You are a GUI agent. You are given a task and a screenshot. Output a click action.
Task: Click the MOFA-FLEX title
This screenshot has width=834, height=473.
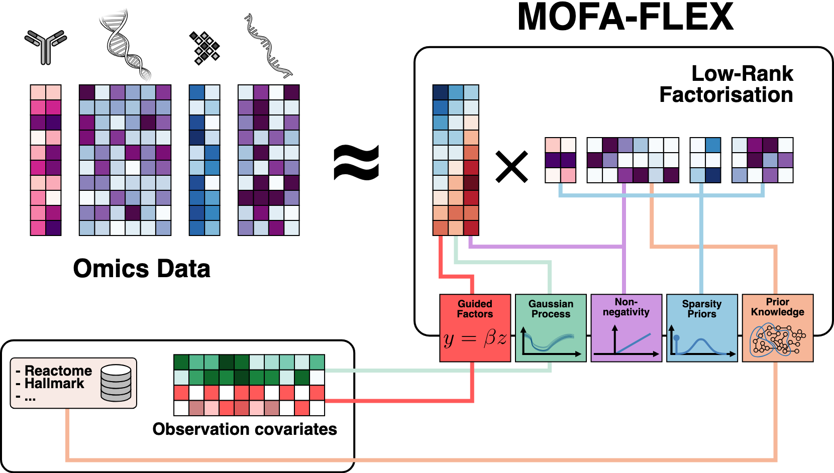coord(625,18)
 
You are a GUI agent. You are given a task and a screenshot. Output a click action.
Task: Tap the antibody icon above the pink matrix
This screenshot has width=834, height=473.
coord(46,47)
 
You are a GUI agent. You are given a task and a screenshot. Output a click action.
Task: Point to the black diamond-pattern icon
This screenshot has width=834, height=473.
coord(204,48)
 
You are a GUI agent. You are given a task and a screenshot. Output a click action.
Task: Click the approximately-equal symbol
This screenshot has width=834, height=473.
coord(356,162)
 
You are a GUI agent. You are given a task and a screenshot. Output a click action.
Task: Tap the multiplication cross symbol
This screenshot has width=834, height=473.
coord(511,167)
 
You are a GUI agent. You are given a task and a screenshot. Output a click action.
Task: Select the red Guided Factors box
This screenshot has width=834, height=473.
coord(475,327)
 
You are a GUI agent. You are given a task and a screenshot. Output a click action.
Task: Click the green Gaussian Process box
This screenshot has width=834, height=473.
coord(551,327)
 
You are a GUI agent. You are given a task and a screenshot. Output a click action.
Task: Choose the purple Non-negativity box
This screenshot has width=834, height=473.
coord(626,327)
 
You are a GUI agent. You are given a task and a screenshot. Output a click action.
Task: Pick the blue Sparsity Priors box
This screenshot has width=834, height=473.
coord(701,327)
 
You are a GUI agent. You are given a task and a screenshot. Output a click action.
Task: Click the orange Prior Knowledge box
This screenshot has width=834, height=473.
coord(777,327)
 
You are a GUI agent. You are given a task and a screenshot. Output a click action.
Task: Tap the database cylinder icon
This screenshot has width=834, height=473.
coord(116,383)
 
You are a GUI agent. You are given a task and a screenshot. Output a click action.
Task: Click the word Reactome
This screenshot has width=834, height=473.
coord(58,371)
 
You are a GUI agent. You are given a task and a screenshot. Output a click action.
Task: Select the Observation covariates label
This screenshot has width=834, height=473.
coord(245,429)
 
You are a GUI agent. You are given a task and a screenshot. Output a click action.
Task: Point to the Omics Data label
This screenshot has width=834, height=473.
coord(142,269)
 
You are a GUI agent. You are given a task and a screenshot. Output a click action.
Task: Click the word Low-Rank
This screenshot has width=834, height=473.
coord(742,74)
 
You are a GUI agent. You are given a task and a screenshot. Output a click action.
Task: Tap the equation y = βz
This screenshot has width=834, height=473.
coord(475,339)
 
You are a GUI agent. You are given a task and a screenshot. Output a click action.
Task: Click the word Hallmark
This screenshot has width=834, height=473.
coord(54,384)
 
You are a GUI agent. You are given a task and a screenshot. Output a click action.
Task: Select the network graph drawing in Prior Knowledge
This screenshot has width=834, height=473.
coord(778,340)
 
